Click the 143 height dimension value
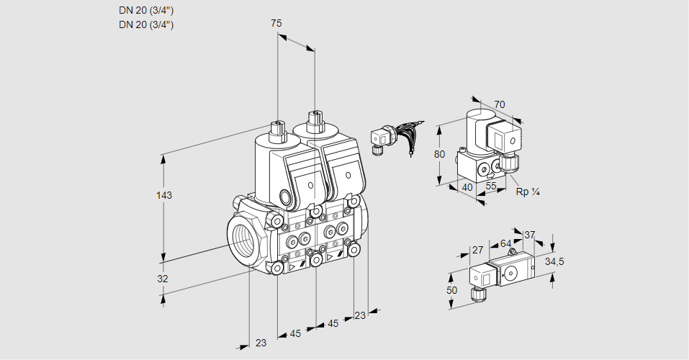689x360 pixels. tap(164, 195)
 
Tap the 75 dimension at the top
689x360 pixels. tap(276, 23)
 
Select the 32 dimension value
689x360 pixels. tap(163, 279)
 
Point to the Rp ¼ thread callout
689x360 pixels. tap(527, 192)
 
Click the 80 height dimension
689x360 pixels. tap(439, 154)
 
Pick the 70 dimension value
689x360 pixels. tap(499, 104)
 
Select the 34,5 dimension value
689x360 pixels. tap(554, 262)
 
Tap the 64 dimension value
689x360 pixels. tap(505, 243)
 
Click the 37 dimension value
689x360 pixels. tap(529, 235)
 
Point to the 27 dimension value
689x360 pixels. tap(477, 250)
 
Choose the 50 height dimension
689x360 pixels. tap(451, 291)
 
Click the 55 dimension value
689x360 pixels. tap(491, 186)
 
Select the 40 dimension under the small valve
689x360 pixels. tap(467, 188)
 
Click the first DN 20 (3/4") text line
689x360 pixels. tap(146, 11)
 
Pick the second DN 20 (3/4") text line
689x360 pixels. tap(146, 24)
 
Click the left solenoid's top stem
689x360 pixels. tap(277, 130)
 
